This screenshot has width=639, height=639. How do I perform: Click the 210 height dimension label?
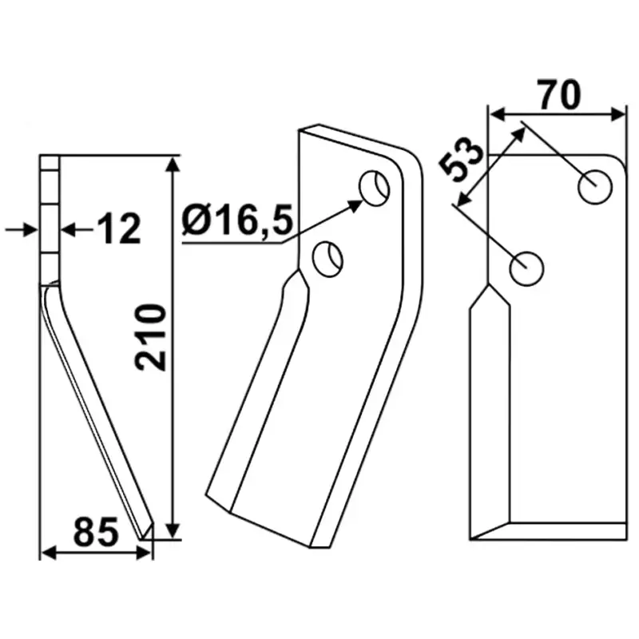coord(151,337)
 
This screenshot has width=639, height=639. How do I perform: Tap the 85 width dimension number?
coord(96,532)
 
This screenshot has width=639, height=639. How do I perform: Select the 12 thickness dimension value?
coord(119,229)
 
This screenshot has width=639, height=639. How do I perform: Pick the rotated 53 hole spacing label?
coord(462,160)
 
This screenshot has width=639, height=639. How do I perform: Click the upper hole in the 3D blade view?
coord(374,188)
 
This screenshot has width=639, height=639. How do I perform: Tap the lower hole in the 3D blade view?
coord(327,260)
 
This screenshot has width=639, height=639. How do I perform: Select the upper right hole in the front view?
coord(595,187)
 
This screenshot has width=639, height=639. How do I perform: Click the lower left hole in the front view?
coord(526,268)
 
